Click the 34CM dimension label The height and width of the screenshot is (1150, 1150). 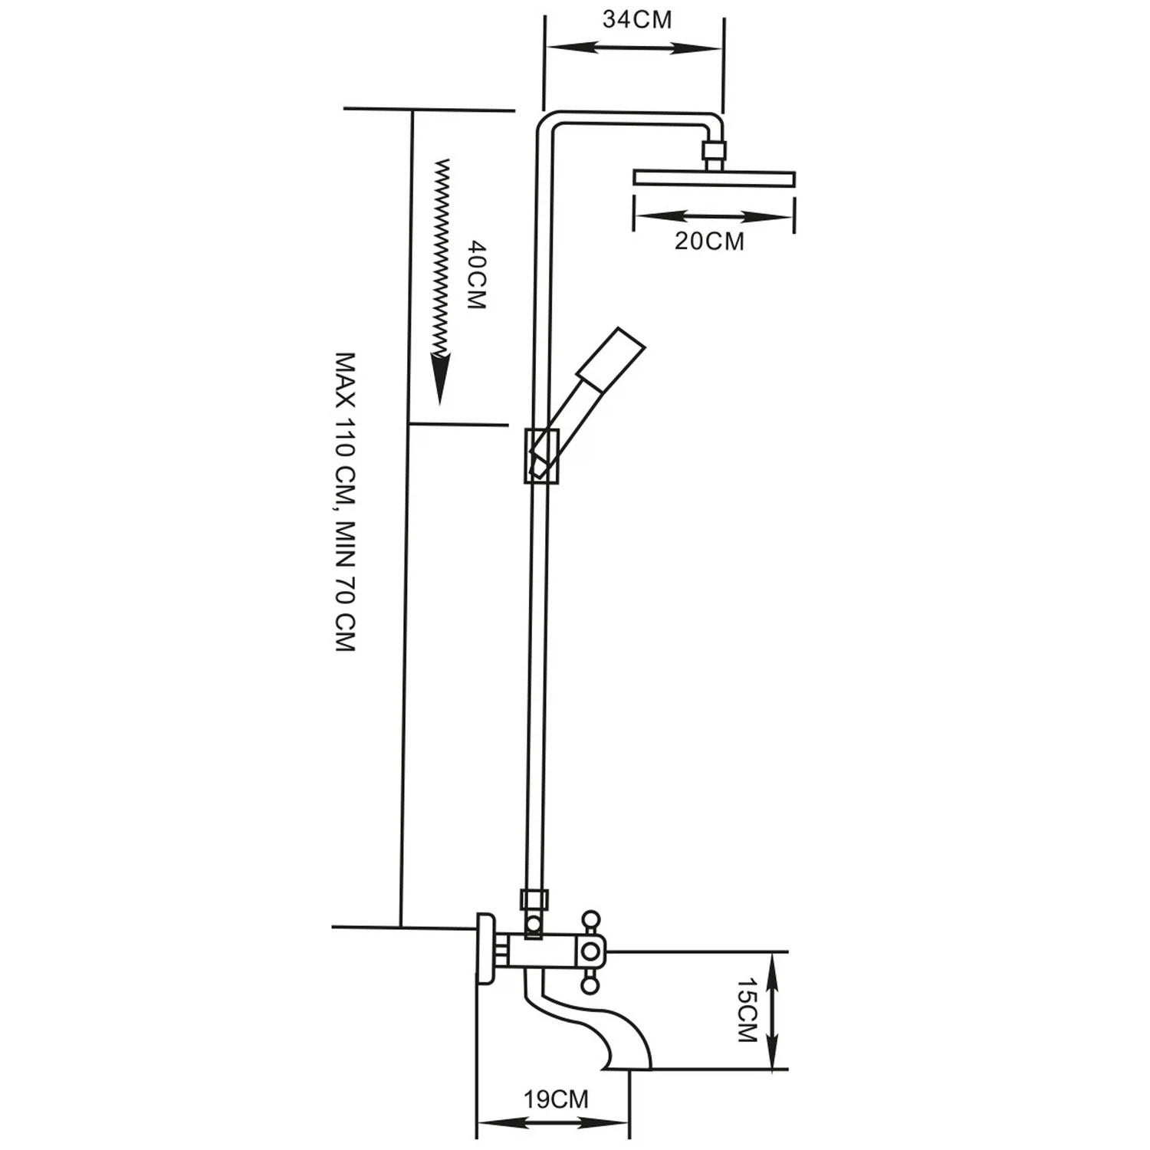(636, 19)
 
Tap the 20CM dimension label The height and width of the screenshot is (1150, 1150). (709, 241)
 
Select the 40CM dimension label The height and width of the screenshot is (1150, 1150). (476, 275)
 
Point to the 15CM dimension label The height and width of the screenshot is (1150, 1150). (746, 1009)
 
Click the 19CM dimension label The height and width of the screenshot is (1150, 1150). (556, 1099)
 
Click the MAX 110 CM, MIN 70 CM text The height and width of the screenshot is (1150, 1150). (347, 502)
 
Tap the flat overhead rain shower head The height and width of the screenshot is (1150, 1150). (714, 179)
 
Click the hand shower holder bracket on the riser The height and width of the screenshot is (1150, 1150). (542, 455)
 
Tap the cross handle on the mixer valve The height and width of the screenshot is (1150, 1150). (590, 951)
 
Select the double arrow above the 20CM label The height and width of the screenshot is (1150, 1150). (713, 217)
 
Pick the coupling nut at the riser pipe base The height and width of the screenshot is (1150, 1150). (534, 899)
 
